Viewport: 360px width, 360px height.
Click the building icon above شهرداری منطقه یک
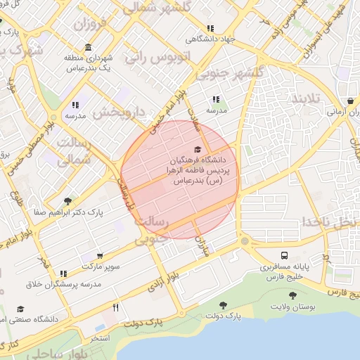(x=88, y=48)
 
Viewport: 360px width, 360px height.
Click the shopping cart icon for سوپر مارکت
(x=99, y=256)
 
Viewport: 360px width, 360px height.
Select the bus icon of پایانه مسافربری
(x=284, y=256)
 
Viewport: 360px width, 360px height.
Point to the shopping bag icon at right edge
(x=350, y=101)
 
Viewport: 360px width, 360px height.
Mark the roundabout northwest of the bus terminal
(x=245, y=241)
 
